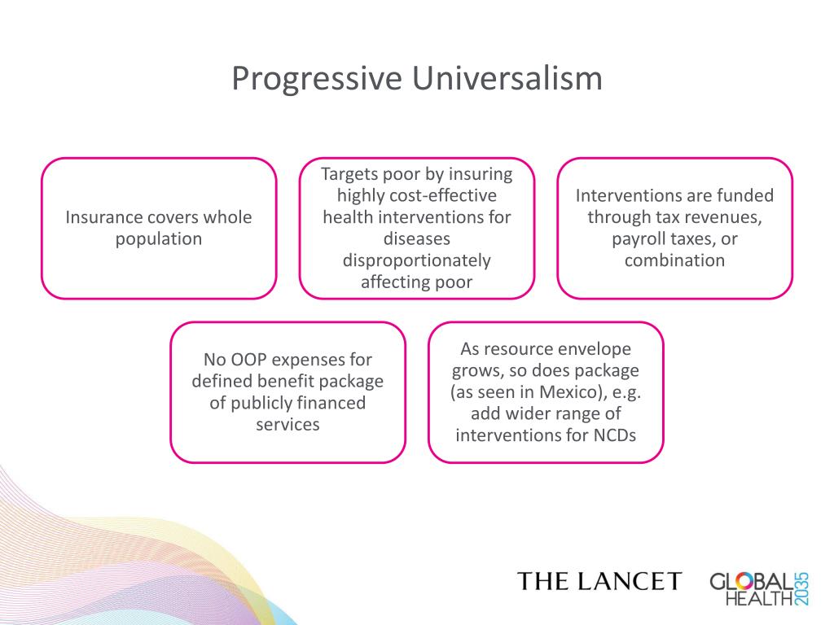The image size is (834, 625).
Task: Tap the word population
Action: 159,239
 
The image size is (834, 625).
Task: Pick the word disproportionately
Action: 417,260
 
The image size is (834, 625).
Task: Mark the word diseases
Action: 417,239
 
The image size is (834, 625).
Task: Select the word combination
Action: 674,260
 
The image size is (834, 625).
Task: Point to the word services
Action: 288,425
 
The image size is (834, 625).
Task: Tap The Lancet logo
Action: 599,580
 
